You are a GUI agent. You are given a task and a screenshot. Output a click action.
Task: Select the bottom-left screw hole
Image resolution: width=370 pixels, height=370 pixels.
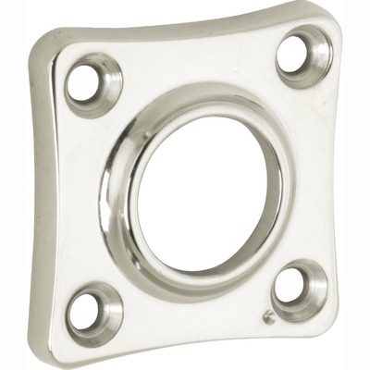pyautogui.click(x=91, y=311)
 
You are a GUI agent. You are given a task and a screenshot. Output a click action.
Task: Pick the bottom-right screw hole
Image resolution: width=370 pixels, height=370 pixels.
pyautogui.click(x=294, y=288)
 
